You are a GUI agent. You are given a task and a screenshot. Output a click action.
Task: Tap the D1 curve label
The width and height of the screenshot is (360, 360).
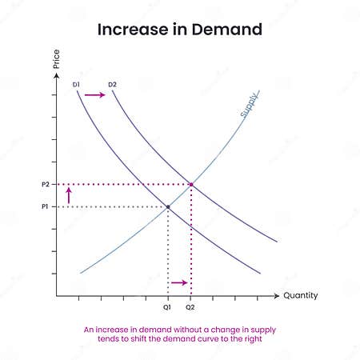coord(77,82)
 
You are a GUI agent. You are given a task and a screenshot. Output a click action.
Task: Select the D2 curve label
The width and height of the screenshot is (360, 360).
coord(113,82)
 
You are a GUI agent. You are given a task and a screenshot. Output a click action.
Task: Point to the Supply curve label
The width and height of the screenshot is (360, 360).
coord(250,104)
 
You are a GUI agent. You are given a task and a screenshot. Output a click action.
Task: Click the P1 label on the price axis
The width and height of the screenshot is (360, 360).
coord(46,207)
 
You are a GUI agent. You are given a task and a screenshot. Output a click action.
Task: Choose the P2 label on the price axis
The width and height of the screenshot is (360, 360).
coord(46,185)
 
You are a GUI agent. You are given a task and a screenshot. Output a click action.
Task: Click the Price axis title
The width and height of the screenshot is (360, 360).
coord(57,59)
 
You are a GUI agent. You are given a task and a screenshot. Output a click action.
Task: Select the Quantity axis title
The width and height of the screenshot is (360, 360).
coord(301,295)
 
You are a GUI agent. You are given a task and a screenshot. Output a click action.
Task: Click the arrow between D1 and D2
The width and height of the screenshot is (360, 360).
coord(94,94)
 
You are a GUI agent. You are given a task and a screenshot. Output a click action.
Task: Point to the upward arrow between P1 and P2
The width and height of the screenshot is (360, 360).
coord(69,195)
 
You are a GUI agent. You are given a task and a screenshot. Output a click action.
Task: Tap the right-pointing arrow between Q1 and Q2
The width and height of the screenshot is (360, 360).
coord(179,282)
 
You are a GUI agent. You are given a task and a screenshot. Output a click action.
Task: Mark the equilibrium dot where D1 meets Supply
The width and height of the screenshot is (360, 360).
coord(168,207)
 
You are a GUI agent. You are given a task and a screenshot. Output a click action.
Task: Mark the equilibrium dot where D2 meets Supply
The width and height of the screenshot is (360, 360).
coord(190,185)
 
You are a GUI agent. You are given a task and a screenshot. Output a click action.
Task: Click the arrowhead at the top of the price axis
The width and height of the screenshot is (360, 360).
coord(57,75)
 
